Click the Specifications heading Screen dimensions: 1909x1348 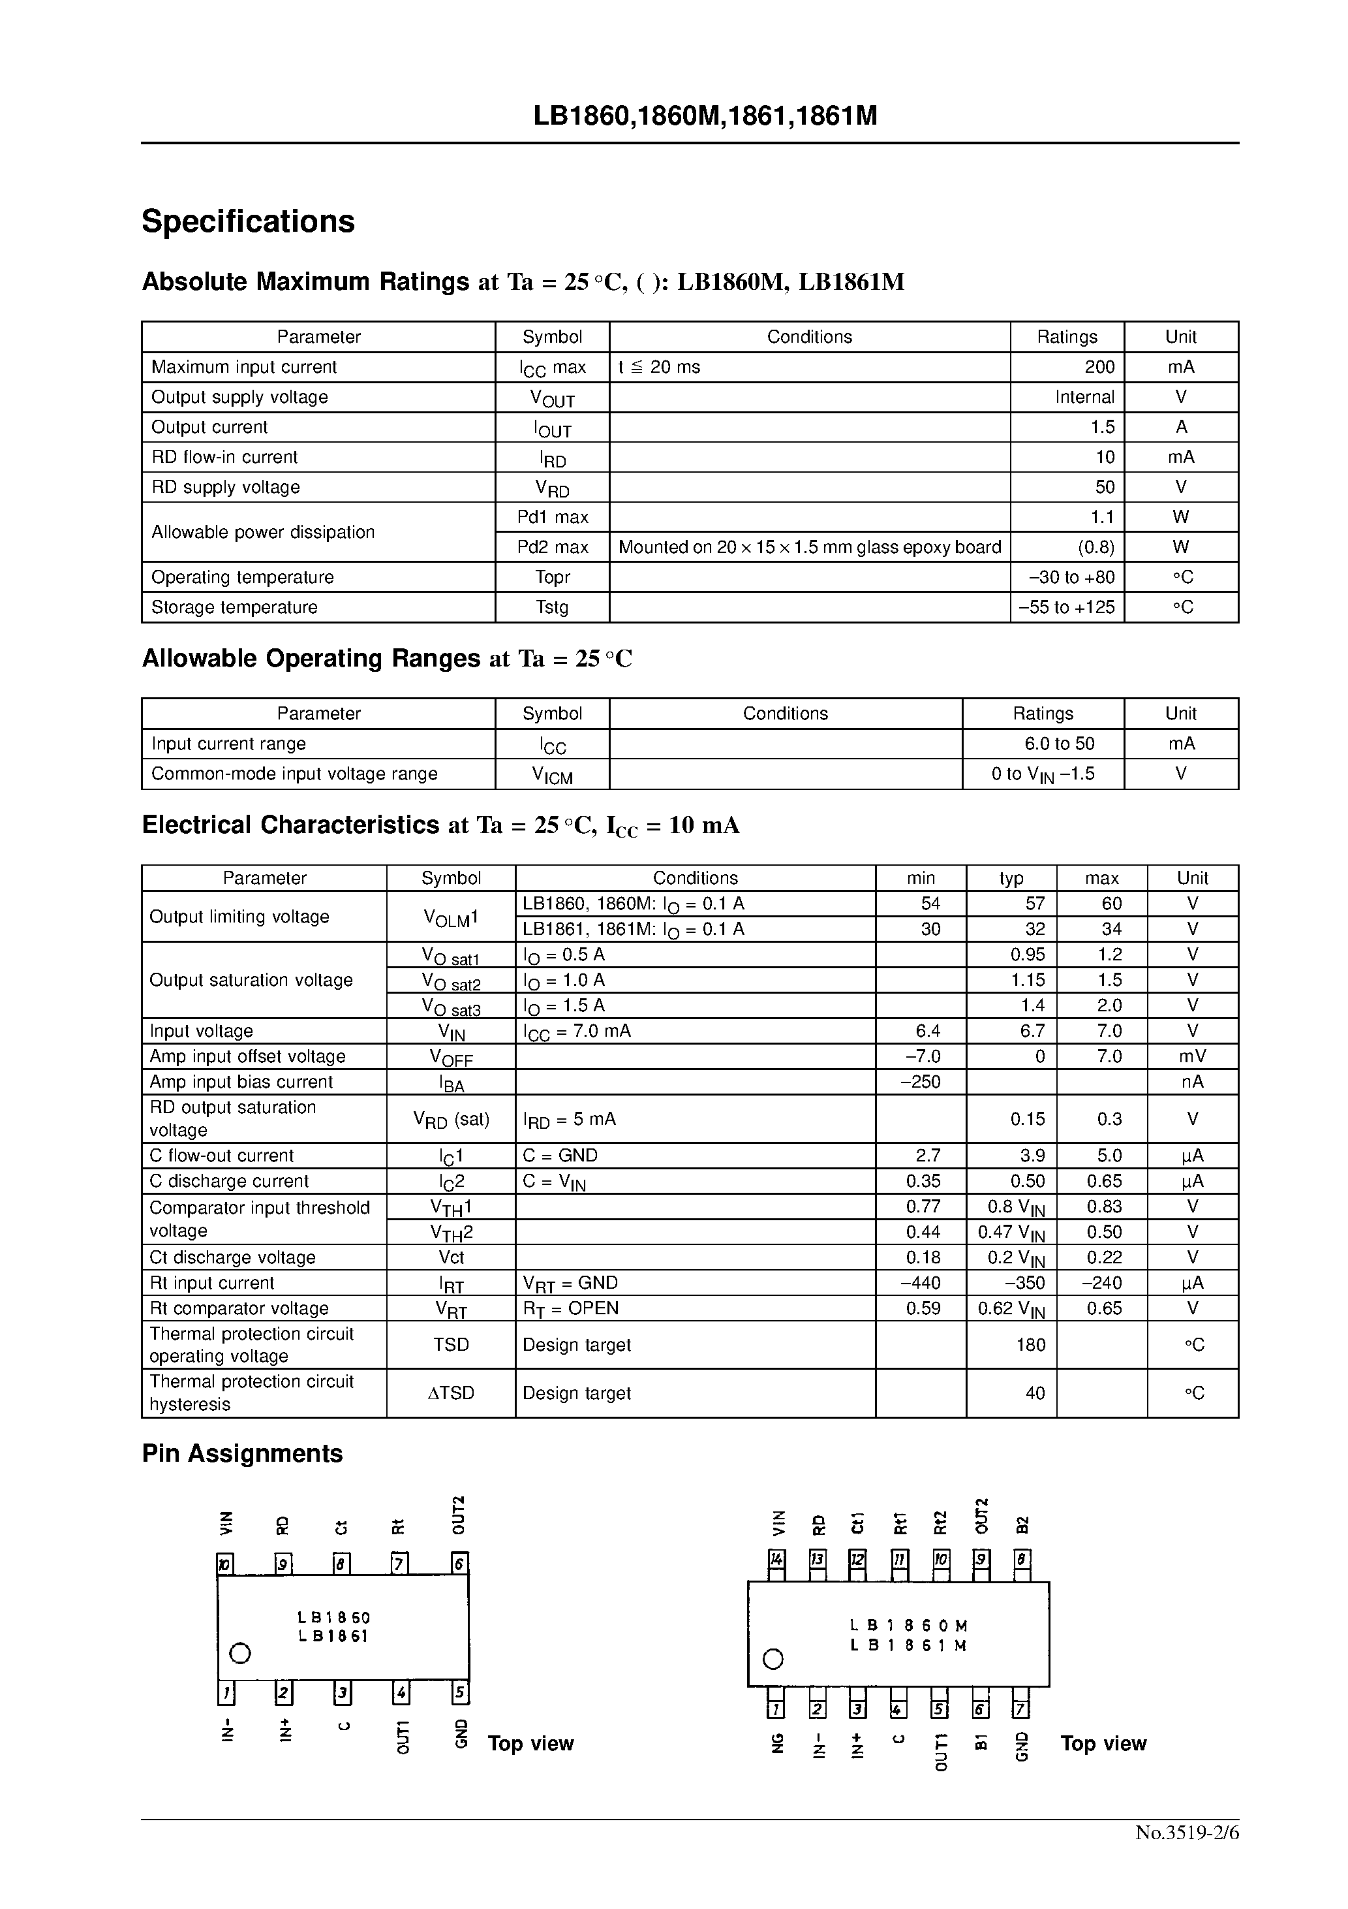pos(248,221)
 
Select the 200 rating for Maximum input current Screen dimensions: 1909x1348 pos(1099,367)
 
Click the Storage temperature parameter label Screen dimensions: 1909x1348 pos(234,607)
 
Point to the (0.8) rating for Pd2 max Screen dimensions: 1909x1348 pos(1095,547)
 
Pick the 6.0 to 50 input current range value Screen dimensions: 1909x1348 pos(1059,744)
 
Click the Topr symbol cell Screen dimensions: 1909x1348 pos(552,577)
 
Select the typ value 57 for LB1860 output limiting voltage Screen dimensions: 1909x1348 pos(1034,904)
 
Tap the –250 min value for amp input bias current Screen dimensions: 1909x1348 pos(920,1082)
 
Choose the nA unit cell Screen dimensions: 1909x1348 pos(1192,1082)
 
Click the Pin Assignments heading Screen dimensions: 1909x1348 pos(242,1453)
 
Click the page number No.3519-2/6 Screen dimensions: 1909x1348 pos(1187,1833)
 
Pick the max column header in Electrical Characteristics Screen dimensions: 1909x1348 pos(1101,878)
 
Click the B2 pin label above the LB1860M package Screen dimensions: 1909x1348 pos(1022,1524)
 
